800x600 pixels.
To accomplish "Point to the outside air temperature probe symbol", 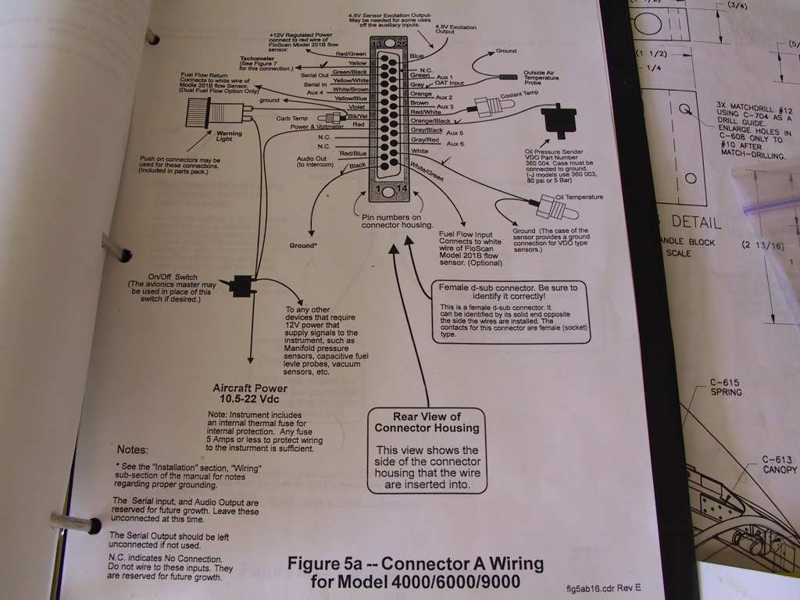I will (x=509, y=78).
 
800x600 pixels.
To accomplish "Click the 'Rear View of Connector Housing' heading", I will (x=426, y=422).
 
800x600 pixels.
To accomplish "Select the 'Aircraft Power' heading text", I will (x=250, y=393).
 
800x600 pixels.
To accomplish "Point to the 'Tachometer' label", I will (x=255, y=59).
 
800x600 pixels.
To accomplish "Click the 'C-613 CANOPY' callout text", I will (x=779, y=464).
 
